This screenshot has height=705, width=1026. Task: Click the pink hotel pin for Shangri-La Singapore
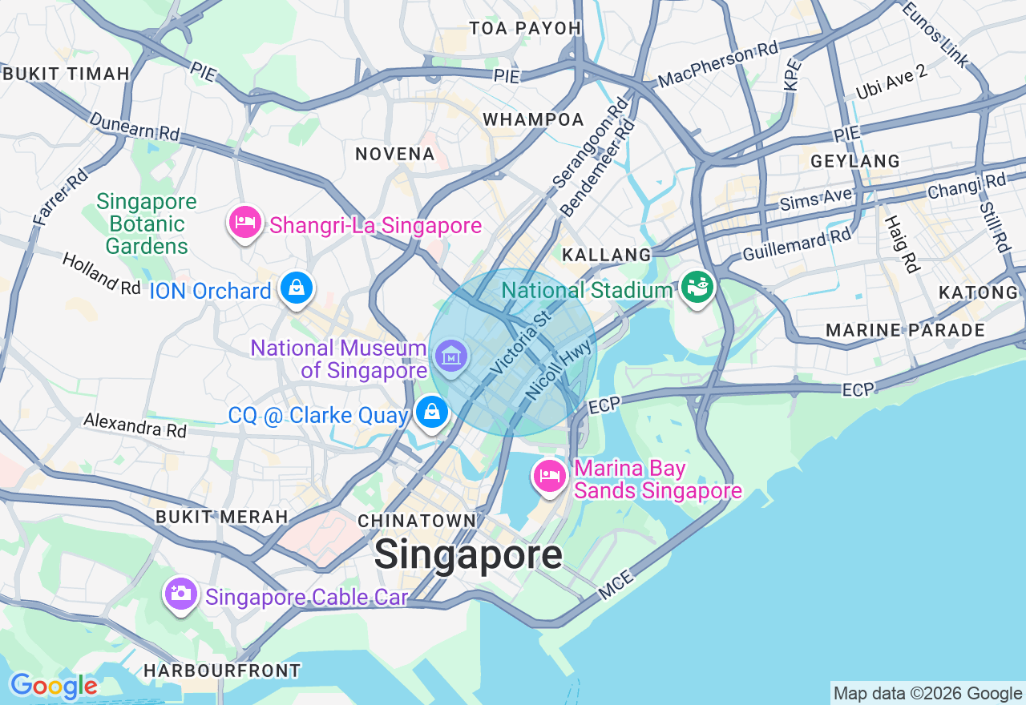coord(245,222)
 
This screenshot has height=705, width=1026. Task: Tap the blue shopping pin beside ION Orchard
coord(297,288)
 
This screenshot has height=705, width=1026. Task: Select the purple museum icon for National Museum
coord(451,354)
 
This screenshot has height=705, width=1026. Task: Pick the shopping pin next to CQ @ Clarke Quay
coord(432,413)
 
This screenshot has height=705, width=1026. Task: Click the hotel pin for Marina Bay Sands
coord(550,476)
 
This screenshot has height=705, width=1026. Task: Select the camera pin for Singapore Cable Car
coord(181,594)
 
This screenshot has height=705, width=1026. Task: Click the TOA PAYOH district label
coord(525,28)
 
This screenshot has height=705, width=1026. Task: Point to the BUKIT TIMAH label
coord(66,74)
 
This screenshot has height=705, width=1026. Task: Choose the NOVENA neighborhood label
coord(395,154)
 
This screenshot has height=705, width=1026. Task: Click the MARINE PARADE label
coord(905,330)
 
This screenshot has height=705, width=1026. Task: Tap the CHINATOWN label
coord(417,521)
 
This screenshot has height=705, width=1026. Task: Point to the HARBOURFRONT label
coord(222,671)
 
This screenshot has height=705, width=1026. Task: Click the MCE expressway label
coord(616,585)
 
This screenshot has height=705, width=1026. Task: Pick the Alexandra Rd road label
coord(135,425)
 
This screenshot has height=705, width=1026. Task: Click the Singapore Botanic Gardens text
coord(147,224)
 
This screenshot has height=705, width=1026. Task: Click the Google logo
coord(53,686)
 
